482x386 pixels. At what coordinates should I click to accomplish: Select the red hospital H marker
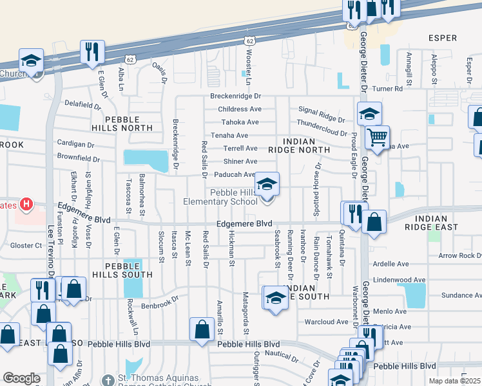(26, 205)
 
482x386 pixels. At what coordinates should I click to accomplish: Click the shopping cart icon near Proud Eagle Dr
(377, 136)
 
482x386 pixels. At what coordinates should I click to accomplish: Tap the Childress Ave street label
(240, 109)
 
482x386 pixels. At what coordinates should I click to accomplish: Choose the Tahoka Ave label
(240, 122)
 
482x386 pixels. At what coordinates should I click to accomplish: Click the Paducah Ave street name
(235, 174)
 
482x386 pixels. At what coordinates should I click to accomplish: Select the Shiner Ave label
(240, 161)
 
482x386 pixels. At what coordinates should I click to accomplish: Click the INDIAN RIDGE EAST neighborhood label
(441, 223)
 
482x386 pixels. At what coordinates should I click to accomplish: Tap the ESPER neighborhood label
(443, 38)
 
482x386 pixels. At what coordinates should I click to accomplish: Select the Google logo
(21, 378)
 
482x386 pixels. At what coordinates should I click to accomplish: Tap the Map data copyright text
(455, 381)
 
